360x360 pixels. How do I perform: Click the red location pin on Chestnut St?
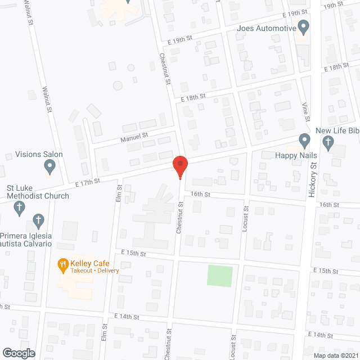pos(180,166)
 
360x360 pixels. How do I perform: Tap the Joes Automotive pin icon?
pos(304,27)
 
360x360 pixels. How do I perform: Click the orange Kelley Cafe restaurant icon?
pos(62,264)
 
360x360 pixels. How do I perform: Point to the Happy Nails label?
pos(296,155)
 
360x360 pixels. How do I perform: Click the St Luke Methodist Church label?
pos(38,192)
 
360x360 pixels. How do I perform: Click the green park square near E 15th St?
pos(220,276)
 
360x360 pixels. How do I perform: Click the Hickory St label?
pos(313,179)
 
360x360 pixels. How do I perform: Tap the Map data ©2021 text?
pos(336,355)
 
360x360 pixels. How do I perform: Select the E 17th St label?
pos(87,181)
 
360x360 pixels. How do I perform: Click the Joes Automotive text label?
pos(266,28)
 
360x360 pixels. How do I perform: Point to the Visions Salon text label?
pos(39,154)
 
